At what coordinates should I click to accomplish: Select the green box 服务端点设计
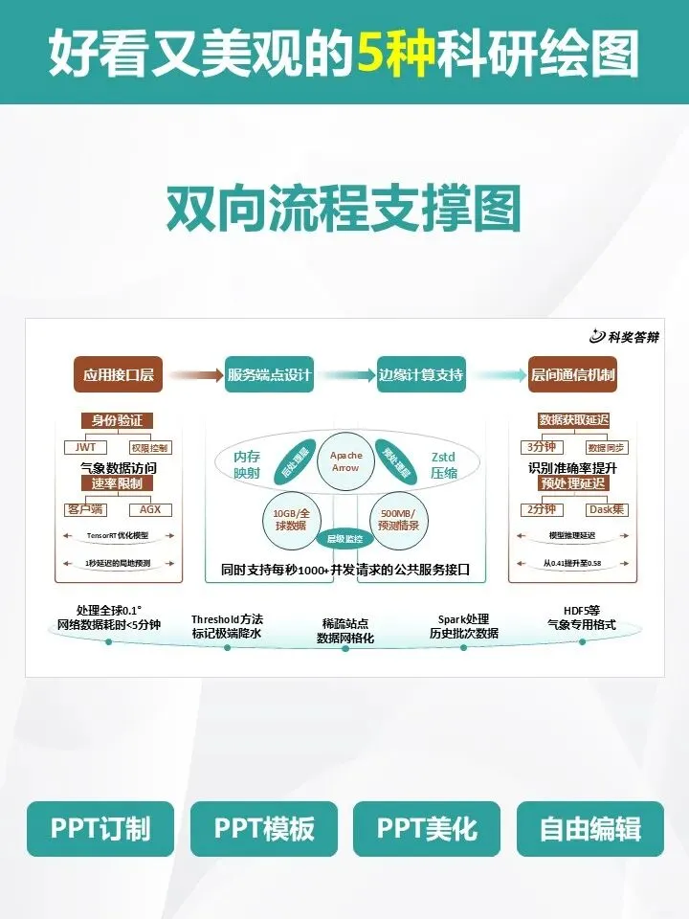269,374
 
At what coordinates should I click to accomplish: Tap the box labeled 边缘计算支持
420,374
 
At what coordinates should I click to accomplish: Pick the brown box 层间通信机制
572,374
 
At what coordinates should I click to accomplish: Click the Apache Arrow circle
344,461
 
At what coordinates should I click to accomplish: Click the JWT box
85,447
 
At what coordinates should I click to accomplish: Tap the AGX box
150,509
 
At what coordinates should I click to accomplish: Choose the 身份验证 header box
119,420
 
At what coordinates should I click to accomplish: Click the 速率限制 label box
119,483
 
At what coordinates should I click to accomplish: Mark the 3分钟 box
542,447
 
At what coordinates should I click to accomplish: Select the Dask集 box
606,509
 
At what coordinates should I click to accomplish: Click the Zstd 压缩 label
443,465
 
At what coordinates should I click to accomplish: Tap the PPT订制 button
87,829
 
